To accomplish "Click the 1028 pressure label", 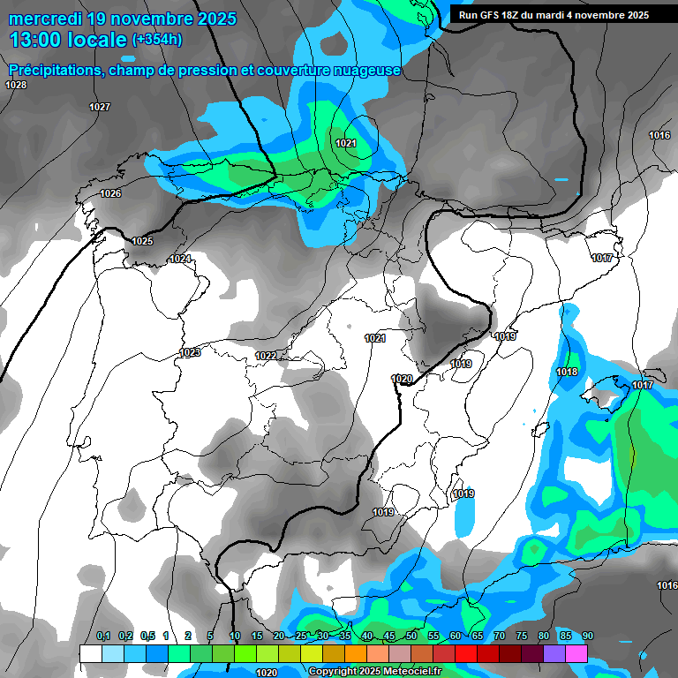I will [x=16, y=85].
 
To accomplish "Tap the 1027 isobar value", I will [x=100, y=107].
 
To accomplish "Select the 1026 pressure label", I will [x=110, y=193].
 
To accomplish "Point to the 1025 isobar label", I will [x=142, y=241].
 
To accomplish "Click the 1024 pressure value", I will [x=180, y=259].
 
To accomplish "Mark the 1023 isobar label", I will [x=190, y=352].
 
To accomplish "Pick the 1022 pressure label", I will [x=266, y=356].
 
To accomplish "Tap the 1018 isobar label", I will [x=567, y=372].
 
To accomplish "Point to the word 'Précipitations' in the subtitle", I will [x=55, y=70].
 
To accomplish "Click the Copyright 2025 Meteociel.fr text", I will [x=374, y=671].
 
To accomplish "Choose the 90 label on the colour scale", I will [x=588, y=636].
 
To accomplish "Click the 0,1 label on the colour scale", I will [x=103, y=636].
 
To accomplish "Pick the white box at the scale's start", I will [x=90, y=653].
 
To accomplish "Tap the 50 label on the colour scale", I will [x=411, y=636].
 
